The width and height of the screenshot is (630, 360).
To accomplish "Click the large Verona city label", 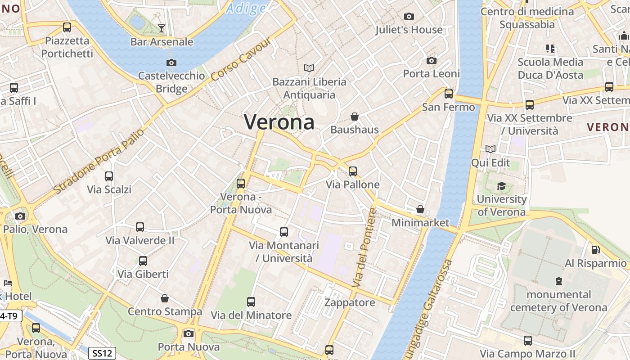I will [279, 122].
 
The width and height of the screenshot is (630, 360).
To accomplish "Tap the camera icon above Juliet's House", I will [409, 17].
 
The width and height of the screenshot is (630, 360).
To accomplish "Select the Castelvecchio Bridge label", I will [171, 82].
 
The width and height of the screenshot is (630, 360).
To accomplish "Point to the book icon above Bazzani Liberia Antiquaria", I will [309, 68].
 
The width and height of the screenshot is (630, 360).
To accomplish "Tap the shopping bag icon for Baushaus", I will [355, 117].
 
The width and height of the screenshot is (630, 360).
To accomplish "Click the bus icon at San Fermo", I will [449, 94].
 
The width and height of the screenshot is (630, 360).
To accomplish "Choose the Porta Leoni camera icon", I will [432, 61].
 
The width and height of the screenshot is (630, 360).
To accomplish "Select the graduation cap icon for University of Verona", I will [501, 186].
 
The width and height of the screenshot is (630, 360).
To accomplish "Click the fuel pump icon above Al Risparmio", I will [595, 250].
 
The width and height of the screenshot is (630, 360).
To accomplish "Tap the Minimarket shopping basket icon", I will [420, 209].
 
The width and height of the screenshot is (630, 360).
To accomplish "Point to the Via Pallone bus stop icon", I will [353, 171].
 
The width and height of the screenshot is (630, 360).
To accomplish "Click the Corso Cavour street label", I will [241, 59].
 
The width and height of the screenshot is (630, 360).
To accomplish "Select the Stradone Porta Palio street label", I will [99, 161].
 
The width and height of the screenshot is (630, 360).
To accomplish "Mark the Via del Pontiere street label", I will [364, 247].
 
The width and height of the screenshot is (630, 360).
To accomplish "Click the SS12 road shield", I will [102, 353].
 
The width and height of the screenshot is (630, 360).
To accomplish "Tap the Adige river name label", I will [246, 8].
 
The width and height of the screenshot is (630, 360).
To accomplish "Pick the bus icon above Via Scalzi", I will [109, 176].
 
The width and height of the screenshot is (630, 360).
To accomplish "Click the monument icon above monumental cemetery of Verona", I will [559, 281].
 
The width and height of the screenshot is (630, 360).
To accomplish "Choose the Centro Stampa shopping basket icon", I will [165, 298].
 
